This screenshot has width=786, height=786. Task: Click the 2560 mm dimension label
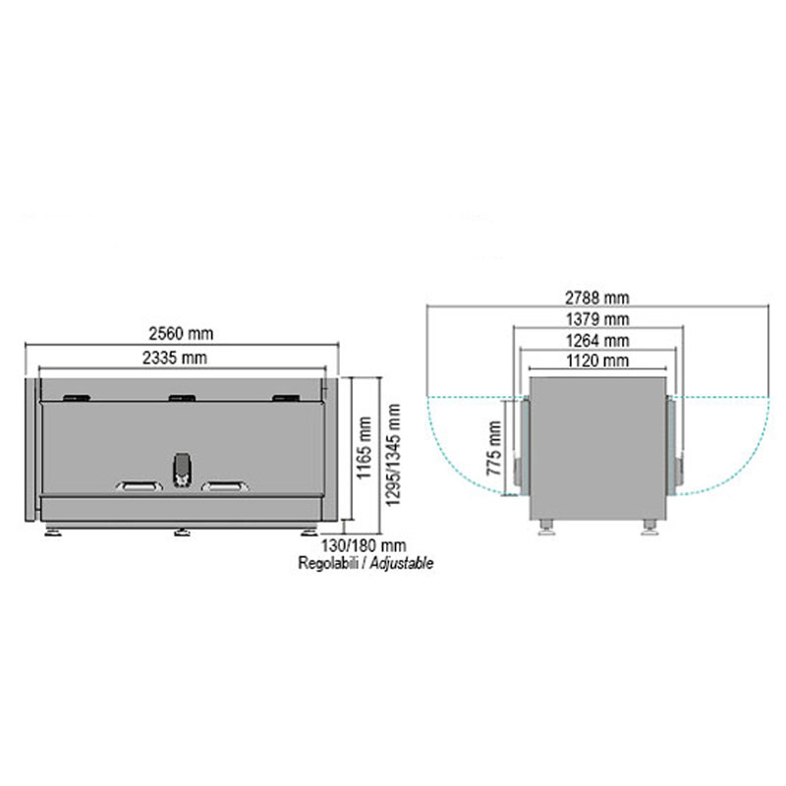[181, 334]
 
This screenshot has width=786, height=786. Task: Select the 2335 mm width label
[175, 358]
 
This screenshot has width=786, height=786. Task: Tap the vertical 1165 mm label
[365, 448]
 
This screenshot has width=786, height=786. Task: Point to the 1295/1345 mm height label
[393, 455]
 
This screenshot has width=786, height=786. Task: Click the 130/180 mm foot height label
[364, 545]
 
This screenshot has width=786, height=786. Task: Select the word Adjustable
[402, 563]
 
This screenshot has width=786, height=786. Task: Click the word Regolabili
[328, 563]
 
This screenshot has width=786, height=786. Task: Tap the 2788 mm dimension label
[597, 299]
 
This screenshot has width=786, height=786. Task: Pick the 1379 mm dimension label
[597, 319]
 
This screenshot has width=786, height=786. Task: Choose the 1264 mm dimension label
[597, 341]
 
